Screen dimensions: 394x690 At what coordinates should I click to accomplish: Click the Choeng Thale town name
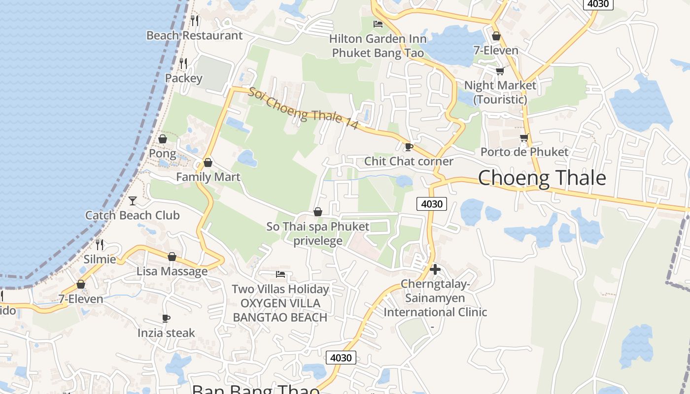(x=542, y=178)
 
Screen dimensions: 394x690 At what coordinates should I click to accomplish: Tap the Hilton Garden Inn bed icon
(x=378, y=24)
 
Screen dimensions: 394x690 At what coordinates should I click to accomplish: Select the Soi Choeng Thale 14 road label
(x=303, y=109)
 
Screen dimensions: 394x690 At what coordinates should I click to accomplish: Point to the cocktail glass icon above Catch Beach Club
(x=133, y=200)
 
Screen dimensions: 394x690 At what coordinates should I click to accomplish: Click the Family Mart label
(x=208, y=177)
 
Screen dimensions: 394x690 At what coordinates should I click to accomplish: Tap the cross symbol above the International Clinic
(x=435, y=269)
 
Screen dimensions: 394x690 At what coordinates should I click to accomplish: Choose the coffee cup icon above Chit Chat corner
(x=408, y=147)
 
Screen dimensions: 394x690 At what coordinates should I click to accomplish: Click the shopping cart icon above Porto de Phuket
(x=524, y=138)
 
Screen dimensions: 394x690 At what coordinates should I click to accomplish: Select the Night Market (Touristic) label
(x=500, y=92)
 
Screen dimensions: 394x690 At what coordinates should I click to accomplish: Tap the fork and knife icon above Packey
(x=183, y=64)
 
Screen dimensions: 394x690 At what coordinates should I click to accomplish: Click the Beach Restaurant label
(x=195, y=35)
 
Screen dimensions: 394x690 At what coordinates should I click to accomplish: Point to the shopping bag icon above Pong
(x=162, y=139)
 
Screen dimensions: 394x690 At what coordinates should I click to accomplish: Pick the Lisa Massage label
(x=172, y=271)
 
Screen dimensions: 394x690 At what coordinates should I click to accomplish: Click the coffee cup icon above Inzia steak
(x=166, y=319)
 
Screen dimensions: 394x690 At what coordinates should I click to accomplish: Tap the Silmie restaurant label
(x=100, y=259)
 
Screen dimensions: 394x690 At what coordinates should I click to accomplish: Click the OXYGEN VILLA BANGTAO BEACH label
(x=280, y=310)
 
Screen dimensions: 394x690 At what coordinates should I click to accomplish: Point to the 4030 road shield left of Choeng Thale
(x=431, y=203)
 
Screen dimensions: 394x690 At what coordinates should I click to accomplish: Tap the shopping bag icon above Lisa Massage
(x=172, y=257)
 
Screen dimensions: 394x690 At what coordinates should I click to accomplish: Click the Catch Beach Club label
(x=133, y=215)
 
